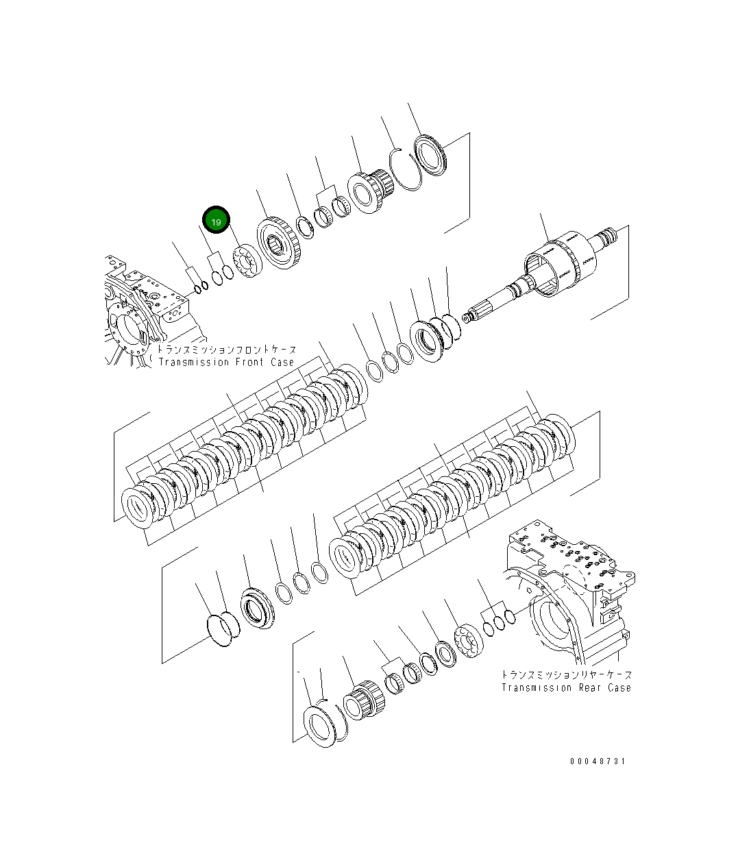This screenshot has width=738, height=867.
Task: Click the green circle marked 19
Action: coord(216,221)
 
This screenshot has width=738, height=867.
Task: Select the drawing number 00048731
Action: coord(597,761)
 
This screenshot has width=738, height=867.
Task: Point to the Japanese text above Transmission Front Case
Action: coord(227,350)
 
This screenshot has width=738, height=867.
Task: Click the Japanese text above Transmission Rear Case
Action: coord(566,675)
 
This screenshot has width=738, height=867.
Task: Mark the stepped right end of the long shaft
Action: coord(606,239)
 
